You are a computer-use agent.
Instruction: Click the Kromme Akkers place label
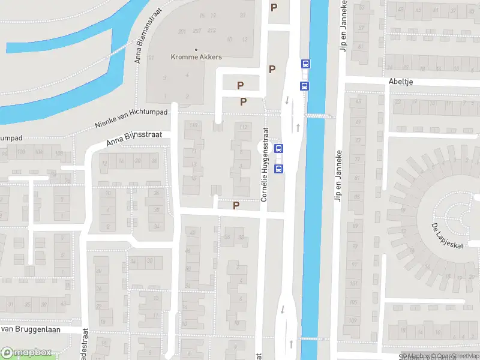[x=196, y=58]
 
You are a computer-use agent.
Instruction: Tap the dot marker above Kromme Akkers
[x=196, y=49]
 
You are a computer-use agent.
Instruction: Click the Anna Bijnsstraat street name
[x=134, y=139]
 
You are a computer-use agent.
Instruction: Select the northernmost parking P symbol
[x=274, y=8]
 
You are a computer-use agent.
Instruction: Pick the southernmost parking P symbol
[x=236, y=206]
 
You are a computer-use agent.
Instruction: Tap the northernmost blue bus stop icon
[x=305, y=64]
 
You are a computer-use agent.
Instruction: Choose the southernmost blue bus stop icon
[x=278, y=169]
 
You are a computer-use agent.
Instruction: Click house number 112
[x=244, y=127]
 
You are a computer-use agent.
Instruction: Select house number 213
[x=211, y=30]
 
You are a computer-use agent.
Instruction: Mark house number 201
[x=182, y=31]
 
